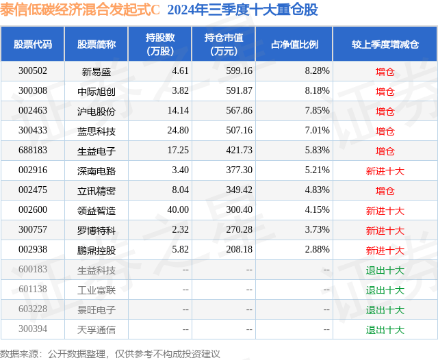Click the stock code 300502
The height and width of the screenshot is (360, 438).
tap(33, 71)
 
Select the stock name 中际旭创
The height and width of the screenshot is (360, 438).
tap(96, 91)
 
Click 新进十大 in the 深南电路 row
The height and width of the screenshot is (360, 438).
tap(385, 170)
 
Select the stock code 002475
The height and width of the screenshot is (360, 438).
tap(33, 190)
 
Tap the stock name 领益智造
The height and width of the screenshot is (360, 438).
tap(96, 211)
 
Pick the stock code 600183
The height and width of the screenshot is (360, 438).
tap(33, 270)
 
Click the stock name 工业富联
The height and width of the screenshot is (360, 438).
tap(96, 290)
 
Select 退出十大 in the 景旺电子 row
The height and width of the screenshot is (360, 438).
tap(385, 310)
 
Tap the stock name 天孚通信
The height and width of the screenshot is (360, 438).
tap(96, 330)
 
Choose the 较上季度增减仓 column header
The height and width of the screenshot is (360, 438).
tap(385, 44)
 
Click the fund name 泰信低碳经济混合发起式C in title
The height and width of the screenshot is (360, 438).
tap(80, 10)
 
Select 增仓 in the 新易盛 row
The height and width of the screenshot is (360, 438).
tap(385, 71)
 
